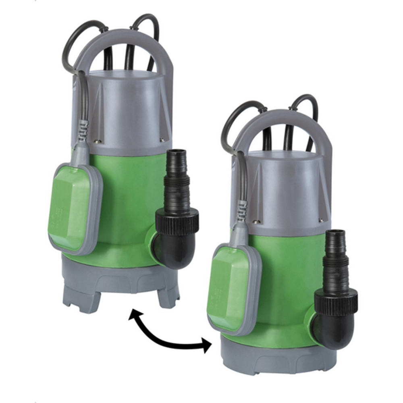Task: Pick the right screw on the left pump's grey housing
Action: [161, 140]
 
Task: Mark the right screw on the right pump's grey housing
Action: [321, 220]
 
